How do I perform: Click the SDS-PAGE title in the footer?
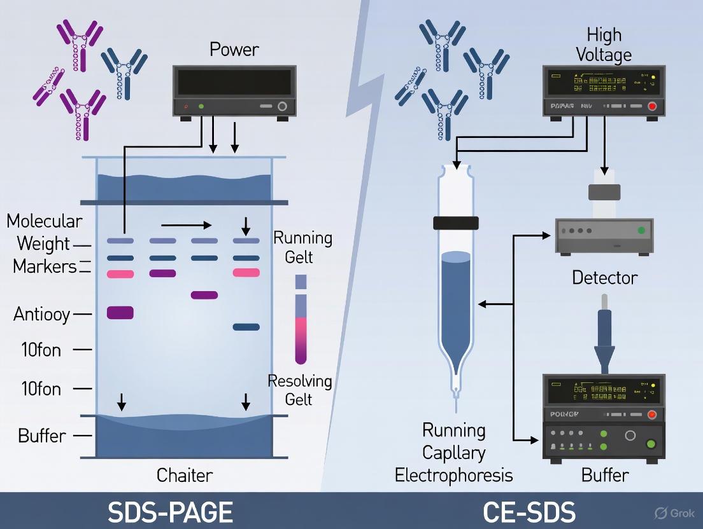(x=170, y=512)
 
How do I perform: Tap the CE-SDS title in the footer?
(x=529, y=512)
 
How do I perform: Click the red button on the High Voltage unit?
(x=651, y=106)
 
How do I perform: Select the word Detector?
(x=604, y=278)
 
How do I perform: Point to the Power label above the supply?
(x=234, y=49)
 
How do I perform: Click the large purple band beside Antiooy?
(x=120, y=312)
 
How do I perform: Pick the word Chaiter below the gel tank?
(x=185, y=475)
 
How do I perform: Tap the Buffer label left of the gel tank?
(x=41, y=436)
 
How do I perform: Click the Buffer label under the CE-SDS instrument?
(x=605, y=476)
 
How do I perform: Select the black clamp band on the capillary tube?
(x=455, y=223)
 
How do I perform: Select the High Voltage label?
(x=603, y=45)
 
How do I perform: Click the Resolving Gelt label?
(x=299, y=390)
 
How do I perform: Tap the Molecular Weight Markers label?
(x=44, y=244)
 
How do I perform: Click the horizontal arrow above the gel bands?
(x=186, y=224)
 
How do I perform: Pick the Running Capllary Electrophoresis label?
(x=453, y=453)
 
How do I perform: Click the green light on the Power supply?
(x=201, y=107)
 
